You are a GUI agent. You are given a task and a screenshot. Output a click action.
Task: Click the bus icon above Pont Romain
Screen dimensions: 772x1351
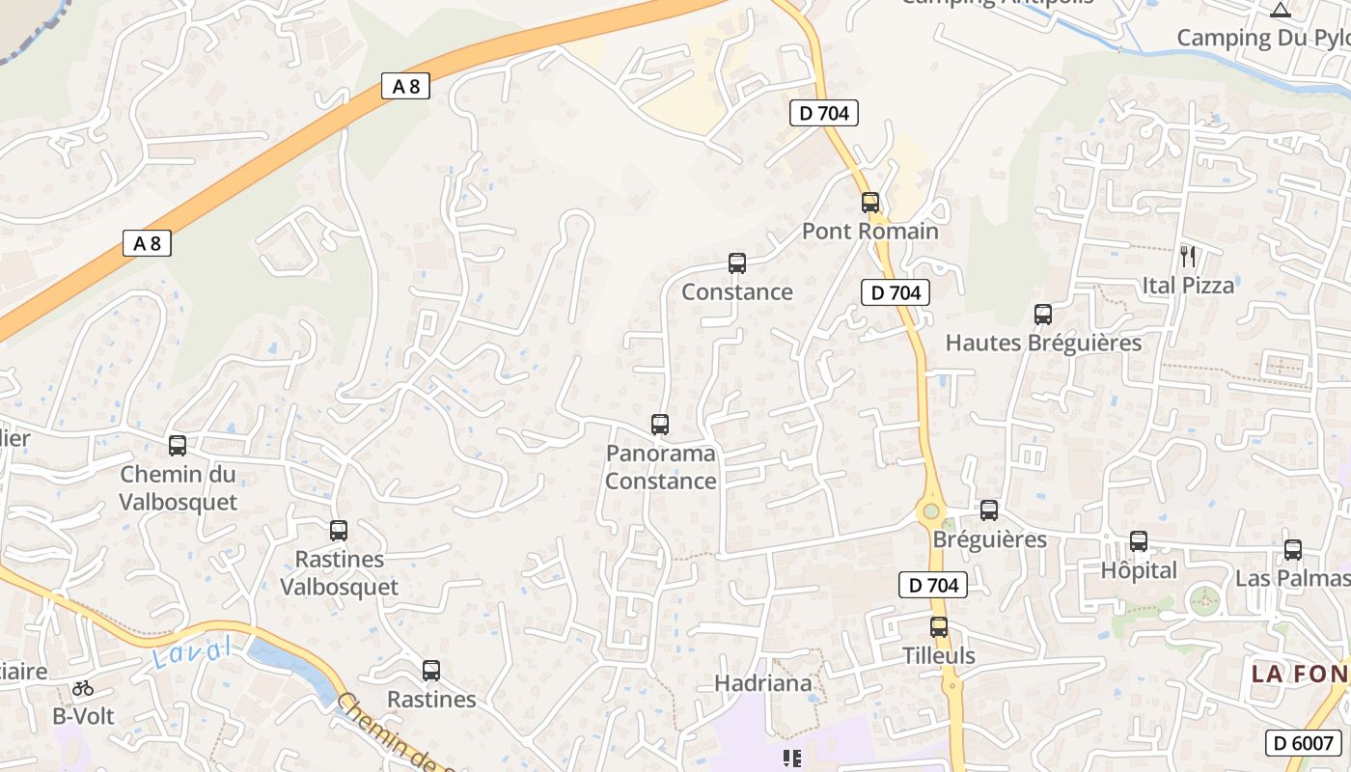870,203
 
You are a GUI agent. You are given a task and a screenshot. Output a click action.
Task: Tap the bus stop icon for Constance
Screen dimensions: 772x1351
737,262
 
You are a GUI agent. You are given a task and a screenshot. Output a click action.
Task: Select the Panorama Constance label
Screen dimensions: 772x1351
661,467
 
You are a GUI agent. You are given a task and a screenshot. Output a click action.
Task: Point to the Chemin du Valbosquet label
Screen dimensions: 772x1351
179,488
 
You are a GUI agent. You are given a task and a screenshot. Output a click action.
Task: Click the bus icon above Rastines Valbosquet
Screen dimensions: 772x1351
338,531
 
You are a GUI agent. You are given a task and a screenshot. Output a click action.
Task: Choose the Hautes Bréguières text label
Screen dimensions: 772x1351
1043,343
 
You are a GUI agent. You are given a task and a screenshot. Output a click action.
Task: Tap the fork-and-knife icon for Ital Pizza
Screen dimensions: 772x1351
1188,257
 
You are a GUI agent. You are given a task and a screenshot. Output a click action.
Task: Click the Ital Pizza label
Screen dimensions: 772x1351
1188,286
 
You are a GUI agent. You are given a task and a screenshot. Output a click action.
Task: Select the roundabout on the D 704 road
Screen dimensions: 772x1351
931,511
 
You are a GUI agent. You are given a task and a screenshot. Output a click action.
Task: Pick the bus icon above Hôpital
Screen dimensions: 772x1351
1139,541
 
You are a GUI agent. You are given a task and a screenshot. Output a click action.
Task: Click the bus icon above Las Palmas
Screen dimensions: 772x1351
1293,550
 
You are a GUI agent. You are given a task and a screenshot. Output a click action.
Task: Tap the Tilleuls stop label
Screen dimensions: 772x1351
939,655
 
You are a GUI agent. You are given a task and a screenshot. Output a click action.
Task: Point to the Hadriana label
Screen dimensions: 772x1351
763,683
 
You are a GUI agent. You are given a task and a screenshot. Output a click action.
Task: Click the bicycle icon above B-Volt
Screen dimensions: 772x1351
83,688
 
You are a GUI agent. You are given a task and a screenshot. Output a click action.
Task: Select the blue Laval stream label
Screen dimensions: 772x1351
193,654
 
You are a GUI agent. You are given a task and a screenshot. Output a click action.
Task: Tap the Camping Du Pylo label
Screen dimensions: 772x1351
1262,38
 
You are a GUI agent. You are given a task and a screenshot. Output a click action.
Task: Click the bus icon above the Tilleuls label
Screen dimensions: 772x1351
939,627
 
